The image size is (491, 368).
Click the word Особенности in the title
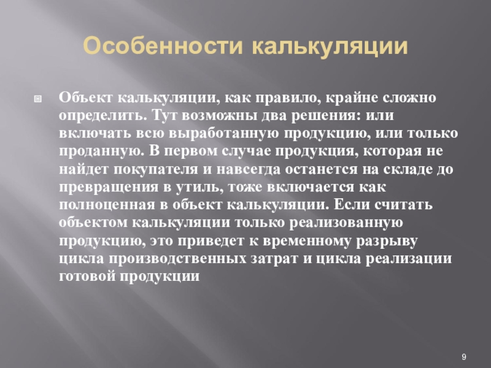pyautogui.click(x=164, y=47)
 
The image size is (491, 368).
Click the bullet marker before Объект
pyautogui.click(x=37, y=98)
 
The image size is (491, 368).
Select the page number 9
pyautogui.click(x=464, y=358)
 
